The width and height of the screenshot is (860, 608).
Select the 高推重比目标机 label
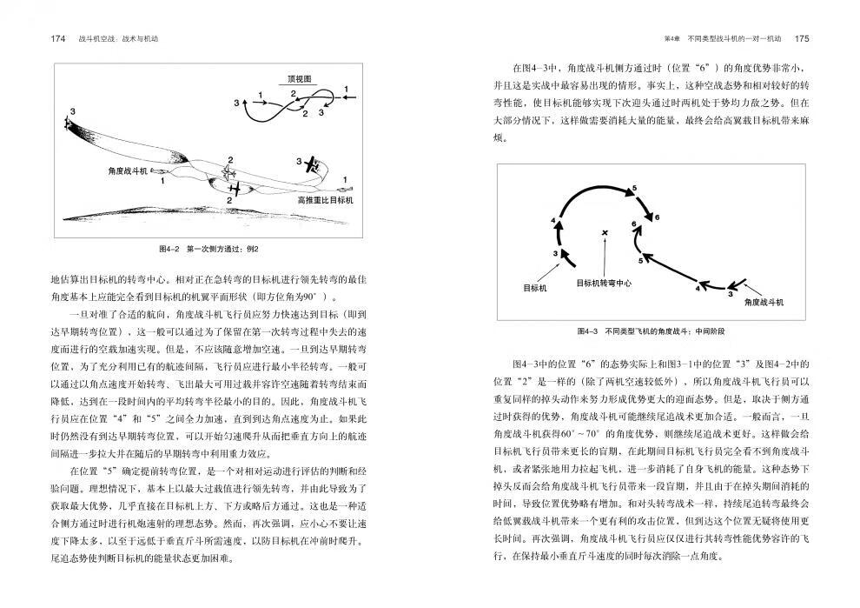(x=326, y=199)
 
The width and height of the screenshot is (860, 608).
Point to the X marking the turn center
(x=605, y=232)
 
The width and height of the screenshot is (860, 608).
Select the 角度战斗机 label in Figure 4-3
(x=764, y=301)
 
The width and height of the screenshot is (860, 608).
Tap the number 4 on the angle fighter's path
(x=697, y=289)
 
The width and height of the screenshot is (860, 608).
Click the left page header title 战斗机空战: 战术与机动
(x=122, y=39)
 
